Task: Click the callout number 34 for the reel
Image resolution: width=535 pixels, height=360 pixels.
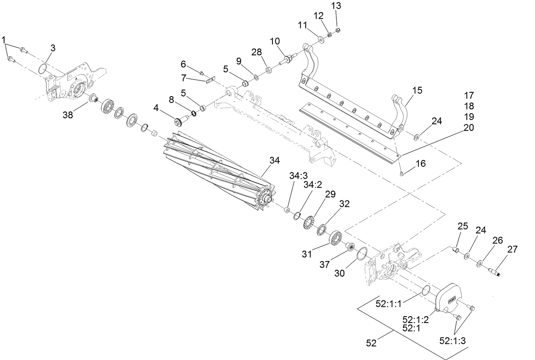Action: point(275,160)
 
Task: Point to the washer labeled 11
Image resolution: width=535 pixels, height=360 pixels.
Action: point(321,40)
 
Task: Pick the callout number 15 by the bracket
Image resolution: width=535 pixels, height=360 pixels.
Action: point(418,91)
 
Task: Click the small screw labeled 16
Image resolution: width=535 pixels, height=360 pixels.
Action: point(401,173)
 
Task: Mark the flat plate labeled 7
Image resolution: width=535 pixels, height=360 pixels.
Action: point(210,80)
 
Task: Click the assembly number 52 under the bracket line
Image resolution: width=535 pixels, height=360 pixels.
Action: point(371,343)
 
